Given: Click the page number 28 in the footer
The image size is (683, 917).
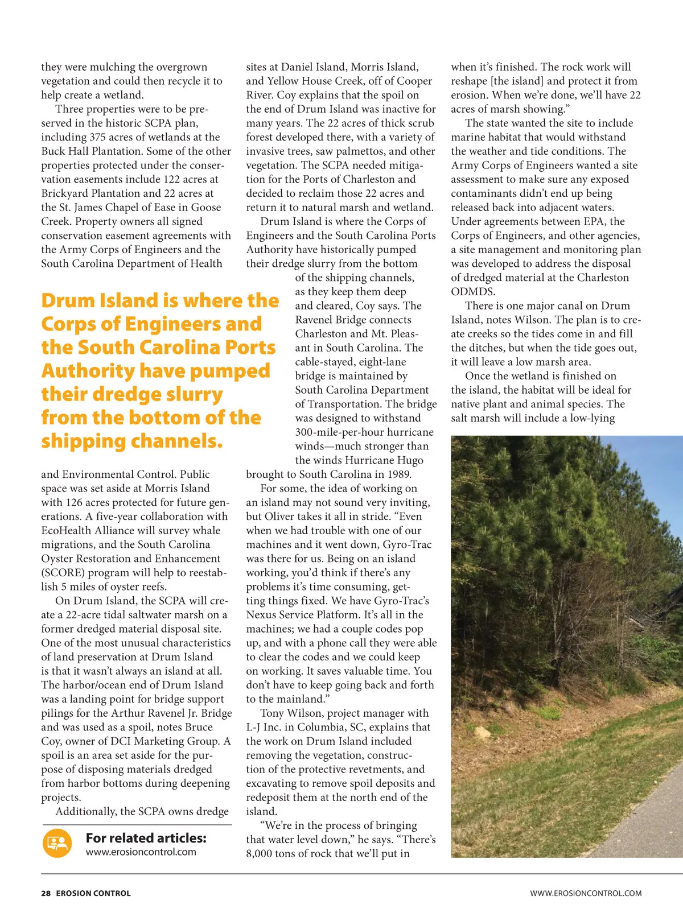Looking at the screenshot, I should [x=46, y=893].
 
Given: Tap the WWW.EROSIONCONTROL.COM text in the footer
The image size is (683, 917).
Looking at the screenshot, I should [x=586, y=893].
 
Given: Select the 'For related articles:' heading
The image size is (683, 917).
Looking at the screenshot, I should [x=146, y=838].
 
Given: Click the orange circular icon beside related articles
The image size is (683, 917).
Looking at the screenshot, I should [x=57, y=843].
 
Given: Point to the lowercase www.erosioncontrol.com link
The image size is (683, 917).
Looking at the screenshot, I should [x=141, y=852].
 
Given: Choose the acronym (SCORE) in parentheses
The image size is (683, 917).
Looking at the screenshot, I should [x=63, y=573].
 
